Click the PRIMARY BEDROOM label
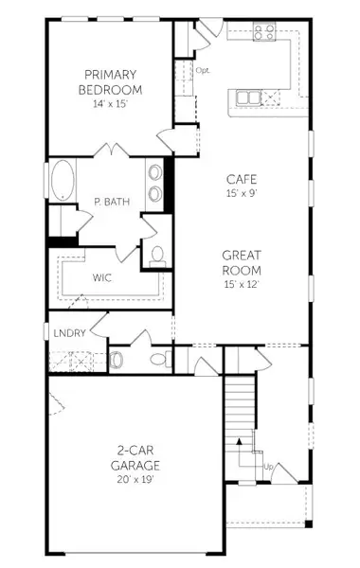tap(112, 82)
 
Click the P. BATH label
tap(111, 201)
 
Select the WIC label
tap(104, 278)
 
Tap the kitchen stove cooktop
tap(264, 31)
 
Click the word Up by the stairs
tap(269, 467)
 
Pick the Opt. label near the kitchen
tap(203, 70)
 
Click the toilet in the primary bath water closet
tap(157, 254)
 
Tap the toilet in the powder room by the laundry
tap(117, 360)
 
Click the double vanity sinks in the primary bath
tap(153, 183)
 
